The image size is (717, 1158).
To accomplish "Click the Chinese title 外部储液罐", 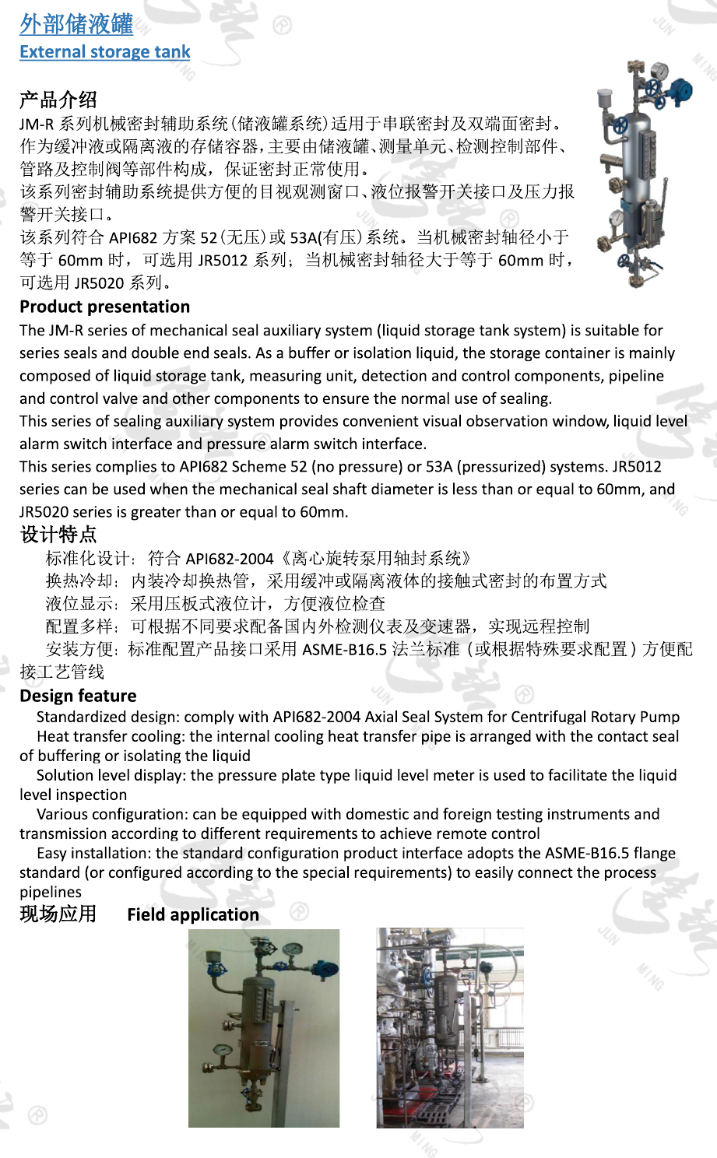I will click(x=76, y=25).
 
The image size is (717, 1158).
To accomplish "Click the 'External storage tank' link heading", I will click(x=105, y=52).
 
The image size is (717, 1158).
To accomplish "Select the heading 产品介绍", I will click(x=58, y=100).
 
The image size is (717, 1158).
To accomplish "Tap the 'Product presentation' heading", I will click(x=105, y=307).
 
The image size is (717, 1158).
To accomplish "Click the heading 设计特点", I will click(x=58, y=535).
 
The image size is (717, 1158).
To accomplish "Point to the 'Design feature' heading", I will click(x=78, y=696).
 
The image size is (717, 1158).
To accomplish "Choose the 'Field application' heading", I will click(x=193, y=914).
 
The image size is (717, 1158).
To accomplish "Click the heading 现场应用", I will click(x=58, y=914).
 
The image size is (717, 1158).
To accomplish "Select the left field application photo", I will click(x=264, y=1028).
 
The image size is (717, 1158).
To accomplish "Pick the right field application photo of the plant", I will click(x=450, y=1028).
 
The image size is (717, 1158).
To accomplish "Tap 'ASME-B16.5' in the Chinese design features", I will click(x=344, y=649).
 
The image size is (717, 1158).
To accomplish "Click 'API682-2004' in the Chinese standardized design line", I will click(x=230, y=559).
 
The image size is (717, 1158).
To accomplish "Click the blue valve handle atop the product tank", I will click(x=683, y=86).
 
